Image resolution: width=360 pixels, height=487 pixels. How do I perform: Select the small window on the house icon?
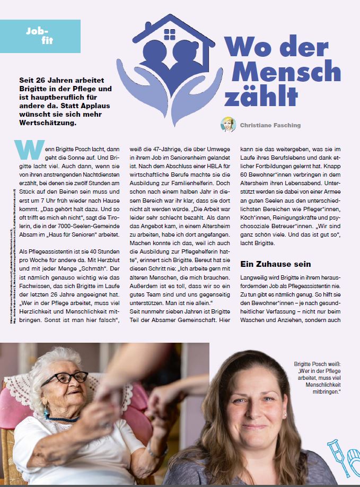tap(170, 35)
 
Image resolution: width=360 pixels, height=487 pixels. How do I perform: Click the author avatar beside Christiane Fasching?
tap(228, 125)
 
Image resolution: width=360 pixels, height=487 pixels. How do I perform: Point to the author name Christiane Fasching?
tap(270, 125)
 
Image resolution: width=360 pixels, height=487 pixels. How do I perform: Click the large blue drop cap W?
tap(30, 150)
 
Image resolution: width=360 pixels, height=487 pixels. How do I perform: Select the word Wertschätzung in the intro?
tap(47, 123)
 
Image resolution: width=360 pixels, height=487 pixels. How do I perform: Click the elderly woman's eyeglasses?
tap(64, 378)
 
